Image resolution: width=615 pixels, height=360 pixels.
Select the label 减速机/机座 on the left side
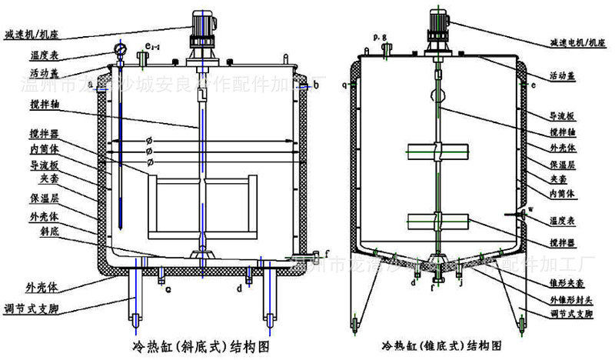(32, 35)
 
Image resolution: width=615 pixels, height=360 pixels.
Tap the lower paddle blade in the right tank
(437, 222)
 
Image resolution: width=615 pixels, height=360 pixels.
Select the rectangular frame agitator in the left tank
(201, 203)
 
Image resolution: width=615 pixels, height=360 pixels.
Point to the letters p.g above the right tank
(377, 37)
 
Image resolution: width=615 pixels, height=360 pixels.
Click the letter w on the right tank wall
(530, 209)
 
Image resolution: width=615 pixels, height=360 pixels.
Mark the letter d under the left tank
(240, 288)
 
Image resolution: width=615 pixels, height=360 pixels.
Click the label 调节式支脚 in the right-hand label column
(571, 313)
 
